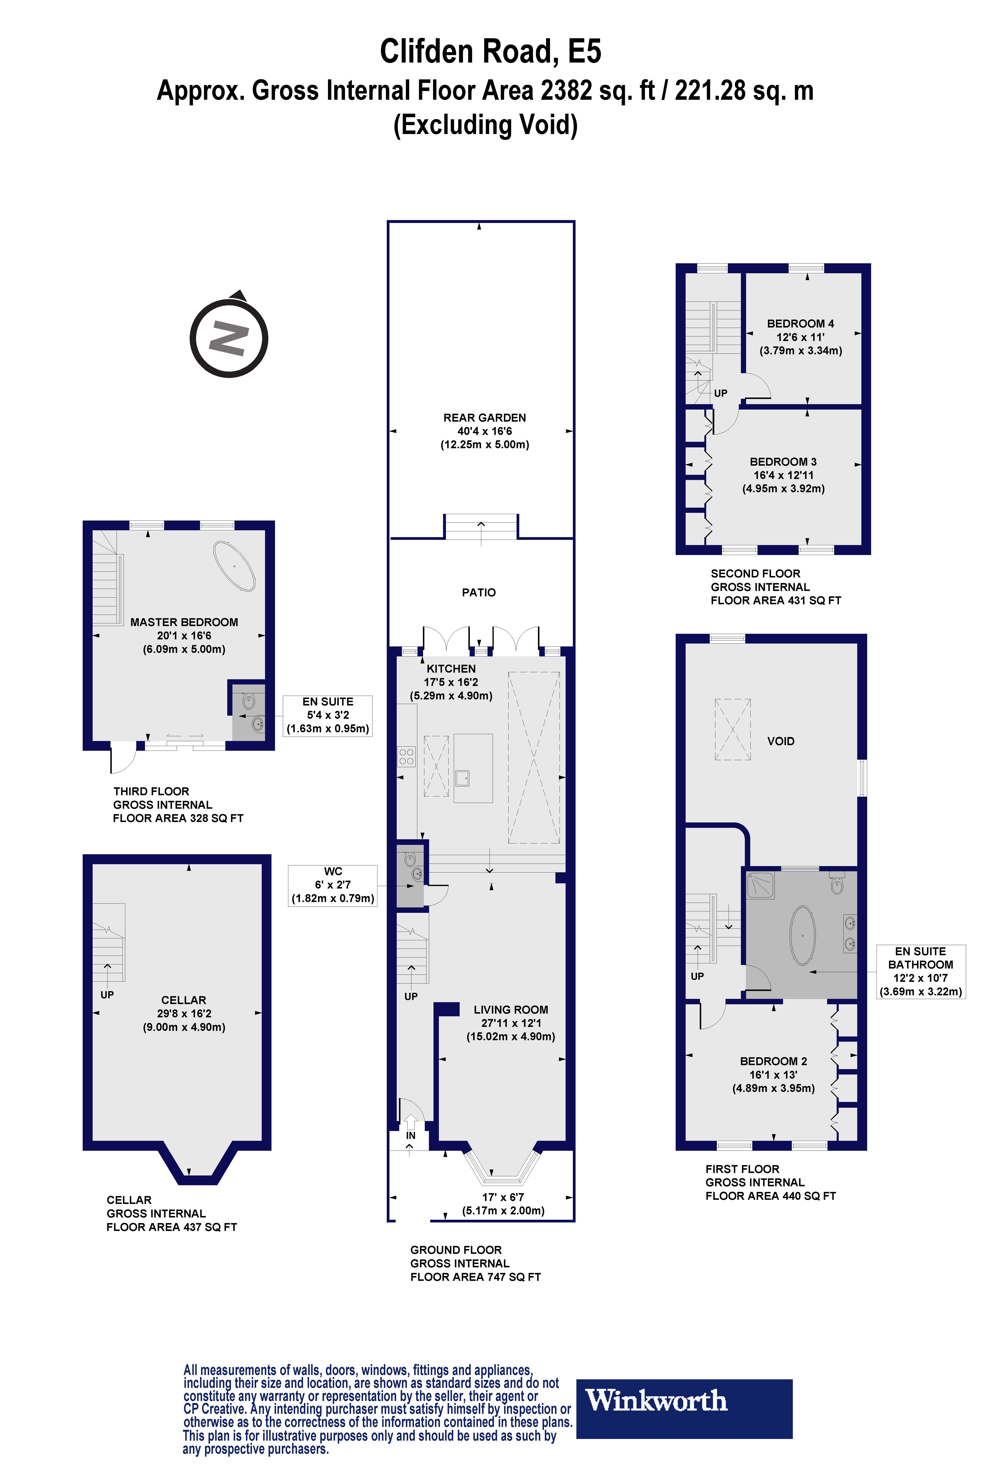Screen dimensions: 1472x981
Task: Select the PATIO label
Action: (479, 592)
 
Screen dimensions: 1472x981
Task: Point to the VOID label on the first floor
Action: (780, 741)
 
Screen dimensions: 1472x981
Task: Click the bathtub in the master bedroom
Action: (235, 566)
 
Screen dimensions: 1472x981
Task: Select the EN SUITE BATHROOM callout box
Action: (920, 971)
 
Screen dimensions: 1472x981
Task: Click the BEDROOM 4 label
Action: (800, 324)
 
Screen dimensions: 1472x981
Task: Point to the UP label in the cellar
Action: (107, 994)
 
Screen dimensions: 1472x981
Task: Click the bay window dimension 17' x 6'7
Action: (503, 1197)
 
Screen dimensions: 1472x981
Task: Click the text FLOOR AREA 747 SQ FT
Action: (475, 1277)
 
